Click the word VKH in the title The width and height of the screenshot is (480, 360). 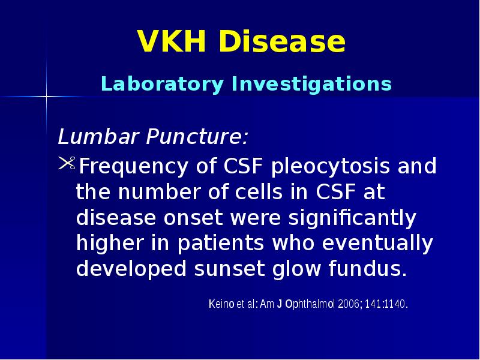pyautogui.click(x=172, y=42)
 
